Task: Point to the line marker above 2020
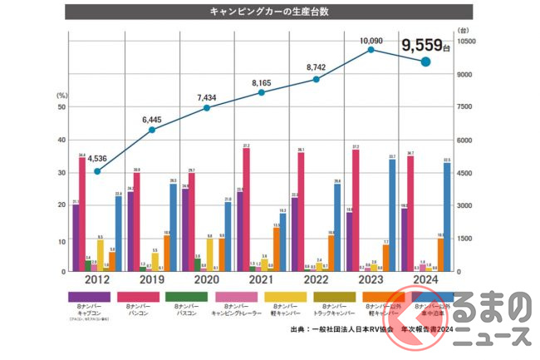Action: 207,107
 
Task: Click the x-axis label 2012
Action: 96,281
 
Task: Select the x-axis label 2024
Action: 425,281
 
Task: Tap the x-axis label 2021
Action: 262,281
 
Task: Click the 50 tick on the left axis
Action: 61,107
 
